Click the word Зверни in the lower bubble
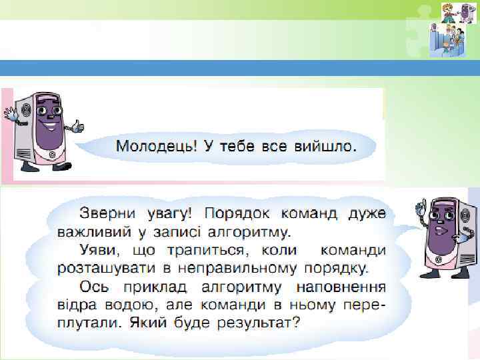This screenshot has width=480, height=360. click(107, 215)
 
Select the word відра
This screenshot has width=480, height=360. click(72, 305)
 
